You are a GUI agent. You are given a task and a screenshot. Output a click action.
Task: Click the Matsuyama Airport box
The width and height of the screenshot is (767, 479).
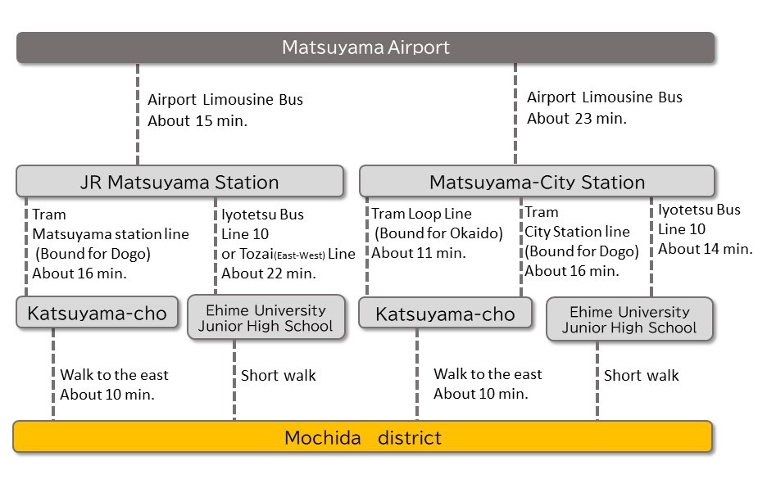[365, 47]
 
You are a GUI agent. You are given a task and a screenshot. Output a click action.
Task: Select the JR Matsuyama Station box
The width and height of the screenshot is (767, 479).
[179, 181]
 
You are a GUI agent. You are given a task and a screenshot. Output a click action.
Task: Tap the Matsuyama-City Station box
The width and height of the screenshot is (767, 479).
[537, 181]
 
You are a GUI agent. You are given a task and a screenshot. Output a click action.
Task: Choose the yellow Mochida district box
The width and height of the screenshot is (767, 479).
[362, 436]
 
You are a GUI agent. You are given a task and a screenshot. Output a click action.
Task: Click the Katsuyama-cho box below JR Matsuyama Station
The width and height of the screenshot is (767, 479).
[97, 312]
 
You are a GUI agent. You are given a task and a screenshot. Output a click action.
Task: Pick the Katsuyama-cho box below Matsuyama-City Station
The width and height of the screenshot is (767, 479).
[445, 313]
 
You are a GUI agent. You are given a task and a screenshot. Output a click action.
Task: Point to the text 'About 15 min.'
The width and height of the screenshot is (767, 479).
[197, 120]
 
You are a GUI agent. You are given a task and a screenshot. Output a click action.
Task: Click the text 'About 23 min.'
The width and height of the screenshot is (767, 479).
[577, 118]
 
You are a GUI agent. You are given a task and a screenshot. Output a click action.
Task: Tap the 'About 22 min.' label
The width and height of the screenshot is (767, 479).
[269, 273]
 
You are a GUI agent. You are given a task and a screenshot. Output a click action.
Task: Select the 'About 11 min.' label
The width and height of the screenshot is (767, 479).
[419, 253]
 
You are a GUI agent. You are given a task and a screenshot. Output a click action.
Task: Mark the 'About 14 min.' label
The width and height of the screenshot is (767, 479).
[705, 249]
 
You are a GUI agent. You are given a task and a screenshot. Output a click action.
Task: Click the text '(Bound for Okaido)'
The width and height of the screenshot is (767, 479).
[438, 233]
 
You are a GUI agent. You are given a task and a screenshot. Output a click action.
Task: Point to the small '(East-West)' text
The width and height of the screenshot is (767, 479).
[300, 255]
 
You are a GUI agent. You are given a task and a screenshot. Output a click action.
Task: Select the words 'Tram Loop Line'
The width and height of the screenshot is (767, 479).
[422, 214]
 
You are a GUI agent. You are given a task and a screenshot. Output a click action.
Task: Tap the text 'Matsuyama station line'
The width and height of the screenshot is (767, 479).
[111, 234]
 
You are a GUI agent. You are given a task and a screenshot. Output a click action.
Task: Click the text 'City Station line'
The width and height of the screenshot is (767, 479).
[577, 232]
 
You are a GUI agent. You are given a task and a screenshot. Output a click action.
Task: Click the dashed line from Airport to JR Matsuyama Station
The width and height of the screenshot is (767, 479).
[138, 114]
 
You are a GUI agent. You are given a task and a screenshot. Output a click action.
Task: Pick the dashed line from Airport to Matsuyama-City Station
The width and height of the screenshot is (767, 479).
[515, 114]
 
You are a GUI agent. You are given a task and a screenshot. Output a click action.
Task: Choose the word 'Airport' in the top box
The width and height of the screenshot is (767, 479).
[419, 47]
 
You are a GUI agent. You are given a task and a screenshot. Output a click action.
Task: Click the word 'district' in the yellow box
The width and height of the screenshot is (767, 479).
[410, 437]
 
